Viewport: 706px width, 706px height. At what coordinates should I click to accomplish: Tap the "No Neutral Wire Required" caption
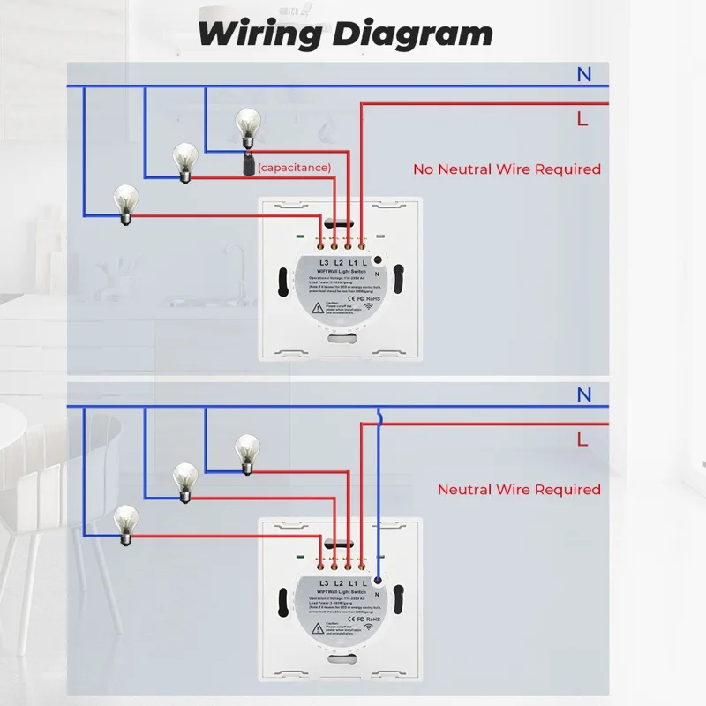point(507,169)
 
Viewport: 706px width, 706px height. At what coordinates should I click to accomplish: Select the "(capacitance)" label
point(296,167)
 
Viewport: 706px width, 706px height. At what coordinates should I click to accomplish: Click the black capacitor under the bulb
point(248,164)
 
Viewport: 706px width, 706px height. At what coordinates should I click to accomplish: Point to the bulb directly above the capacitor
point(247,125)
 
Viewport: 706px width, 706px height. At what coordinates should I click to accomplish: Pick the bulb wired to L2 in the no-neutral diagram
point(184,160)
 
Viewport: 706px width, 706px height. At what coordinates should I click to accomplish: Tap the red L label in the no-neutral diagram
point(582,119)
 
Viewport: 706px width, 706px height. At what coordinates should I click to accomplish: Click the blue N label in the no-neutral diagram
point(584,76)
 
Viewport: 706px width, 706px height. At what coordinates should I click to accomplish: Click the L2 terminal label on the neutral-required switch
point(338,585)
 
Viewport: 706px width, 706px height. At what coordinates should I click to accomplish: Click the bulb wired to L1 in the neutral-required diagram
point(247,450)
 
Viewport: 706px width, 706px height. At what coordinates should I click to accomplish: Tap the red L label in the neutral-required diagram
point(582,438)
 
